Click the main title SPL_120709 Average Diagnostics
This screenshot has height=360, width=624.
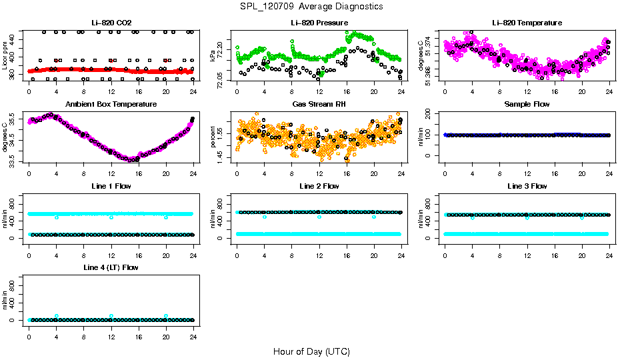pyautogui.click(x=311, y=6)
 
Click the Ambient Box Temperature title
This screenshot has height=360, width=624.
pyautogui.click(x=111, y=104)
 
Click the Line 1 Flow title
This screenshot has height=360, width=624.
pyautogui.click(x=111, y=186)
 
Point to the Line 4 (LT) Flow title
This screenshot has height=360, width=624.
pyautogui.click(x=111, y=267)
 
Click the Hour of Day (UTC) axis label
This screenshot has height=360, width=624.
pyautogui.click(x=311, y=351)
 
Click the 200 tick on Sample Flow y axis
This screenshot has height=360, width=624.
pyautogui.click(x=435, y=113)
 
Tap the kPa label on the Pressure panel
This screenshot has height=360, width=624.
pyautogui.click(x=213, y=56)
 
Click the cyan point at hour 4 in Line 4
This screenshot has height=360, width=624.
pyautogui.click(x=57, y=316)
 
